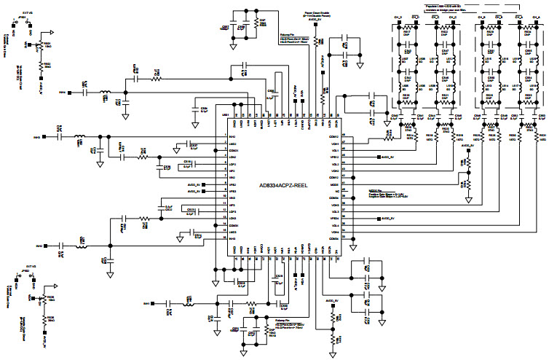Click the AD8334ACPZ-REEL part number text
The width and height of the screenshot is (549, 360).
283,187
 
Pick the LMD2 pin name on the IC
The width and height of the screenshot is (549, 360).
233,157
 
